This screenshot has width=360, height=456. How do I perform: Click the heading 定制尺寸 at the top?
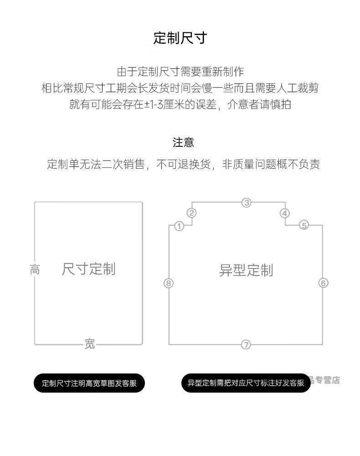[x=180, y=38]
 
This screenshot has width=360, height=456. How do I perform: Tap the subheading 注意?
[x=183, y=143]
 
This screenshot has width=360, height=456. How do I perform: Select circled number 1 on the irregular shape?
[x=179, y=226]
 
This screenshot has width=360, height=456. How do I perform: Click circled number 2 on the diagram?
[x=192, y=213]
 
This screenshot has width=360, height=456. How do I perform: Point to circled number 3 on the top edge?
[x=247, y=203]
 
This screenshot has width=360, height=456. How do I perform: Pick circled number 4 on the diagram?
[x=284, y=213]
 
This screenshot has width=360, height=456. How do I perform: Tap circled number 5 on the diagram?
[x=304, y=225]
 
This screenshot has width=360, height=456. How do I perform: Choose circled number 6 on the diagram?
[x=323, y=283]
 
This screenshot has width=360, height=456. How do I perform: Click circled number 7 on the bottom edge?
[x=246, y=345]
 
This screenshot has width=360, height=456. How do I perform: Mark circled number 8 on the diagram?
[x=169, y=283]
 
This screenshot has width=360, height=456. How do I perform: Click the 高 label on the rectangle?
[x=35, y=269]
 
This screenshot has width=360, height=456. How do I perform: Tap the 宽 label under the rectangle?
[x=90, y=344]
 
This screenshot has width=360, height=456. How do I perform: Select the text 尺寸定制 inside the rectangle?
[x=89, y=269]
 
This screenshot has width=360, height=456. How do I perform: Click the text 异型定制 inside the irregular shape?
[x=246, y=270]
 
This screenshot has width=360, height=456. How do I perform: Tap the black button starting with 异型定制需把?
[x=246, y=383]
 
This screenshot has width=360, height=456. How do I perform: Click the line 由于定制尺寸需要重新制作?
[x=180, y=72]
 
